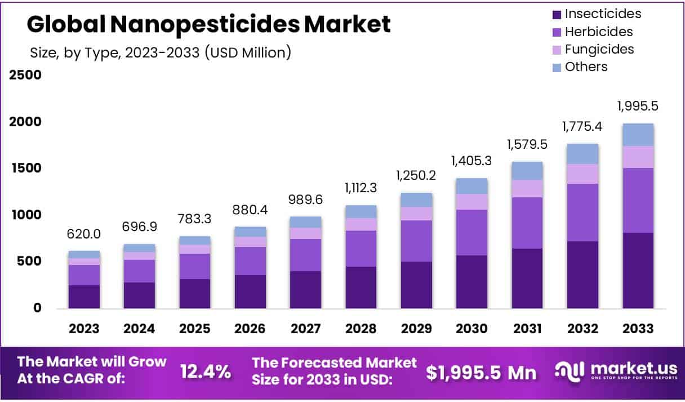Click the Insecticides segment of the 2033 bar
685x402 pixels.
point(638,271)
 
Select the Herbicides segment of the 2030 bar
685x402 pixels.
point(472,232)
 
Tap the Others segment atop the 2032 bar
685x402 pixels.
point(582,154)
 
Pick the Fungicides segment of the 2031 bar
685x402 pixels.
point(527,188)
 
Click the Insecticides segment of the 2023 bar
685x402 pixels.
point(84,297)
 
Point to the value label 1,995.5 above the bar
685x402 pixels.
point(638,106)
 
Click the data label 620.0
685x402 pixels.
point(84,234)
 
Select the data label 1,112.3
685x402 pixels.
point(361,188)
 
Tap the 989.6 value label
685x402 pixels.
point(305,200)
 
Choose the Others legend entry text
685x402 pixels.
point(586,67)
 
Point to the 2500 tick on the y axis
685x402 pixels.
point(25,75)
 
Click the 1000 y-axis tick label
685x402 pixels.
point(25,215)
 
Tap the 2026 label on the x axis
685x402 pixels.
point(250,329)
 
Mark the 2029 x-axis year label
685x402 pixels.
point(416,329)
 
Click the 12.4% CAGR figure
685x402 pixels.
point(205,372)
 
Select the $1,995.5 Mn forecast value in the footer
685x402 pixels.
point(481,372)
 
